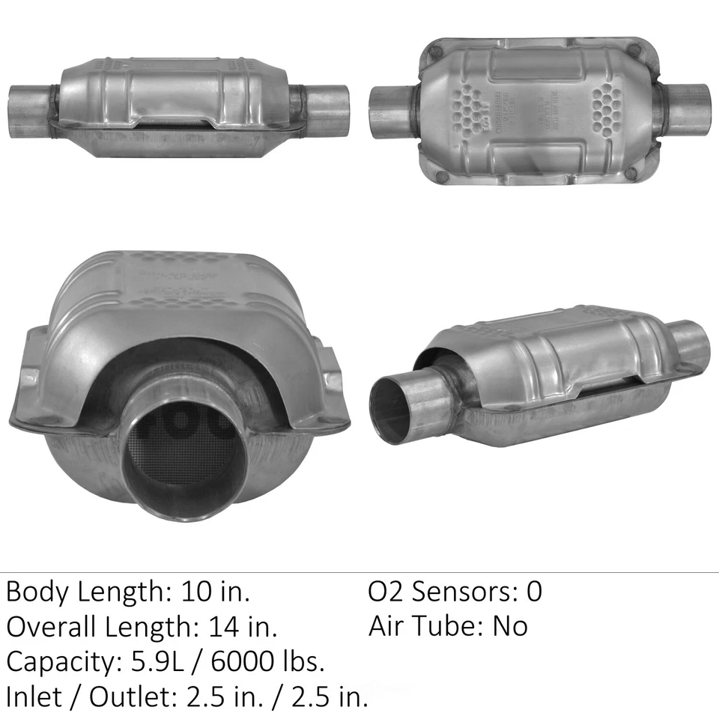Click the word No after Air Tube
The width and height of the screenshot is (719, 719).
tap(509, 625)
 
